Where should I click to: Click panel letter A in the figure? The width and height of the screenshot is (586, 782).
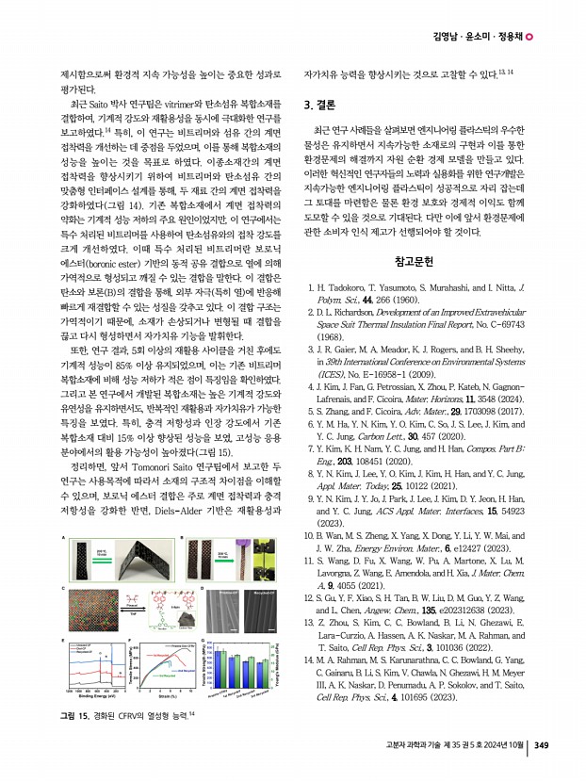tap(63, 538)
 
